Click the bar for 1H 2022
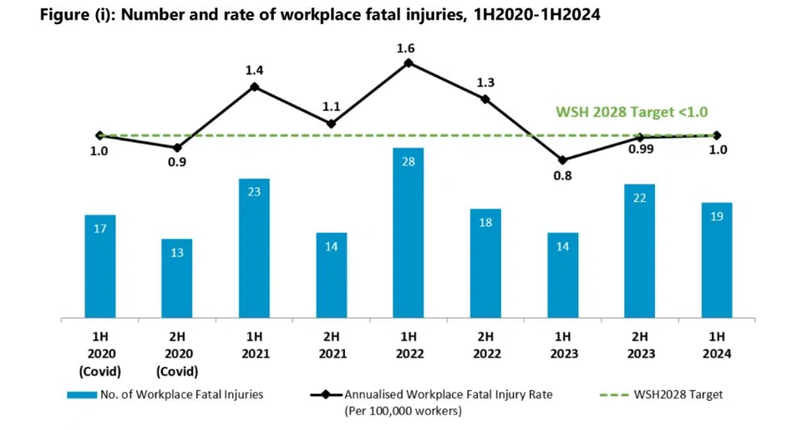[x=409, y=234]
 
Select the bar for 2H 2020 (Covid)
[x=177, y=279]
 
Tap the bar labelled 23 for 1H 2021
[x=254, y=249]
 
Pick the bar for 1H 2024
[x=717, y=261]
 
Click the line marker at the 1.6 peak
[x=409, y=62]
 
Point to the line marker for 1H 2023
[x=562, y=160]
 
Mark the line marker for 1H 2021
[x=254, y=86]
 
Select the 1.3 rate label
[x=485, y=82]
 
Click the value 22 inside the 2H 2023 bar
[x=640, y=198]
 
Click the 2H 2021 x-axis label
[x=331, y=345]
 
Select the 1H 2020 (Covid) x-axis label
[x=100, y=352]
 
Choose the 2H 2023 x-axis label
[x=640, y=345]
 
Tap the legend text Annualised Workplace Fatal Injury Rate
[x=452, y=394]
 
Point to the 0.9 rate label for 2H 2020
[x=177, y=162]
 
